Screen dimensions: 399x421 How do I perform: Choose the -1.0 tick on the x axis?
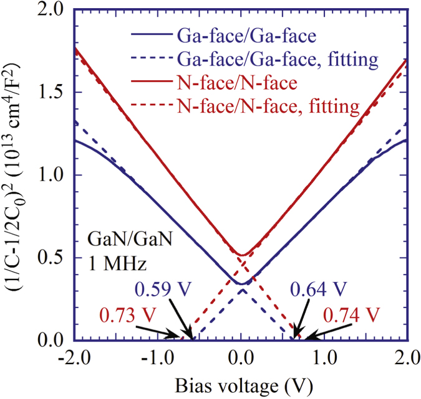[x=156, y=357]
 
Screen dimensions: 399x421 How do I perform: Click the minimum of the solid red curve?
[x=242, y=255]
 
